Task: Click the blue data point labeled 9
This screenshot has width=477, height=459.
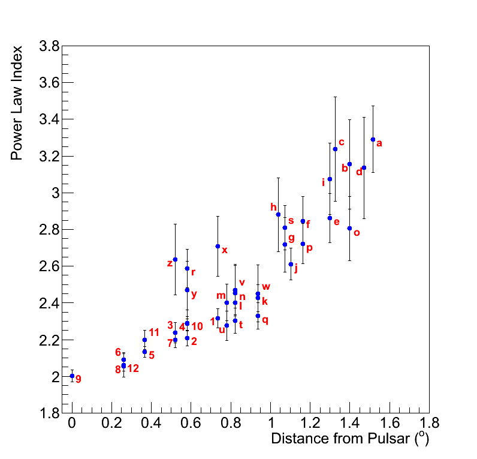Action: [72, 376]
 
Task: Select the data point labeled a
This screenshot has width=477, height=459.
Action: [373, 139]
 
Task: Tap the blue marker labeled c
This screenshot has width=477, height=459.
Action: [335, 149]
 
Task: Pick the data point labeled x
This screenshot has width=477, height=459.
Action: [218, 246]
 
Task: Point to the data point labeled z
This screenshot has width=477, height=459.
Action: [175, 259]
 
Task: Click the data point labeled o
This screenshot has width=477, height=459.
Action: [349, 228]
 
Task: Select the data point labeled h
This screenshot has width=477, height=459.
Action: [278, 214]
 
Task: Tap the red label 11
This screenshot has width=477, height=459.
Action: [154, 332]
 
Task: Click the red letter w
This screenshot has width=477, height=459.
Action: [266, 287]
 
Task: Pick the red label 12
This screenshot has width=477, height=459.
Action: [133, 368]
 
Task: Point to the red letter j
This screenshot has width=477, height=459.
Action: [296, 268]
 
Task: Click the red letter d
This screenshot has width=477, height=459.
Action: [359, 172]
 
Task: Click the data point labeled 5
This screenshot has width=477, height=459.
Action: [144, 352]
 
